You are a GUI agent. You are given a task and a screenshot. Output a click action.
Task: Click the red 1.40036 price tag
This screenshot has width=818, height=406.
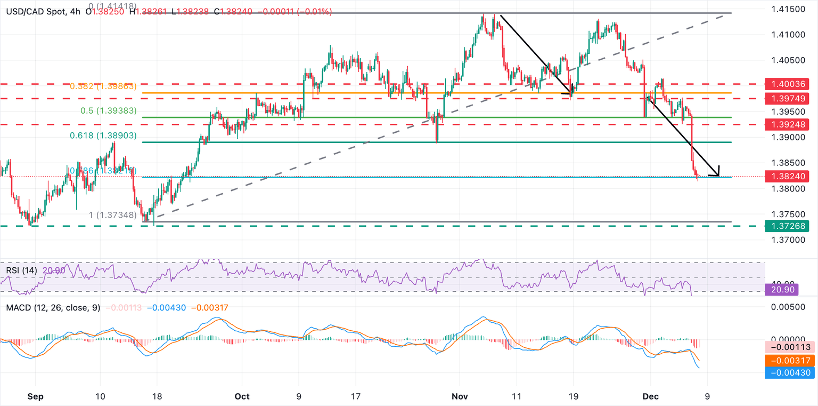point(787,84)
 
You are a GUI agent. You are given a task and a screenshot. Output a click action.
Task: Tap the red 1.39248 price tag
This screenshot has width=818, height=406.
point(787,124)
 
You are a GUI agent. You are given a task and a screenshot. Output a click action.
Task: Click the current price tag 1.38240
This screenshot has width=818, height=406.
point(787,176)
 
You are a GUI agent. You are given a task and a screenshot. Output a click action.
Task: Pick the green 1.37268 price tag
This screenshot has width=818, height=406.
point(787,226)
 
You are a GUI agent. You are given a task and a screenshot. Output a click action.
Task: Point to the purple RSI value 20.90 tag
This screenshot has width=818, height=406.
point(787,290)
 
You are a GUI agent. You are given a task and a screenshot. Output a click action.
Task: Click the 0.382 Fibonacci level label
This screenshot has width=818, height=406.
point(103,86)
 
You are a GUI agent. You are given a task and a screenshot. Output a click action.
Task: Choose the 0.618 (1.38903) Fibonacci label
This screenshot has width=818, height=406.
point(103,136)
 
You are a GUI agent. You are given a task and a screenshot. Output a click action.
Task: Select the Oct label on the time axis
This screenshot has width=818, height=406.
point(242,396)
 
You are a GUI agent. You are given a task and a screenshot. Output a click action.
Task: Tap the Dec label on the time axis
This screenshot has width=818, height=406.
point(651,396)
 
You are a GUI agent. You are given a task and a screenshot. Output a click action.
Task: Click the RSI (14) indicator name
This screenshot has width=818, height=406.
point(21,270)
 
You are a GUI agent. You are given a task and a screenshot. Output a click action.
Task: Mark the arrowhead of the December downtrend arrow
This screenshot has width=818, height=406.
point(717,174)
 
